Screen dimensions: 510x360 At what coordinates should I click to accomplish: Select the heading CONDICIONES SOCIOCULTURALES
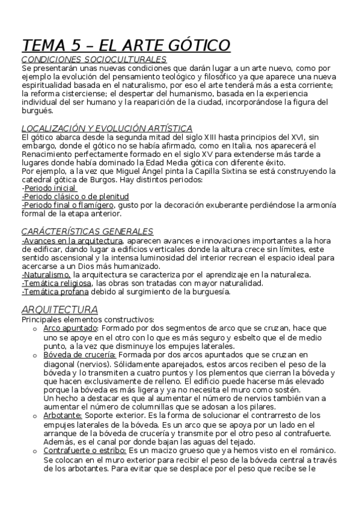coord(94,60)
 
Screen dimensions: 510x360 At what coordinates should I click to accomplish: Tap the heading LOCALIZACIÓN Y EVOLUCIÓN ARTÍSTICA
coord(106,128)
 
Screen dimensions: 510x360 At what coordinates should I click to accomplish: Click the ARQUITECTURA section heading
coord(59,309)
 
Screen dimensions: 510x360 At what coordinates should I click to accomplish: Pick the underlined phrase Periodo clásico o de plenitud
coord(76,196)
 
